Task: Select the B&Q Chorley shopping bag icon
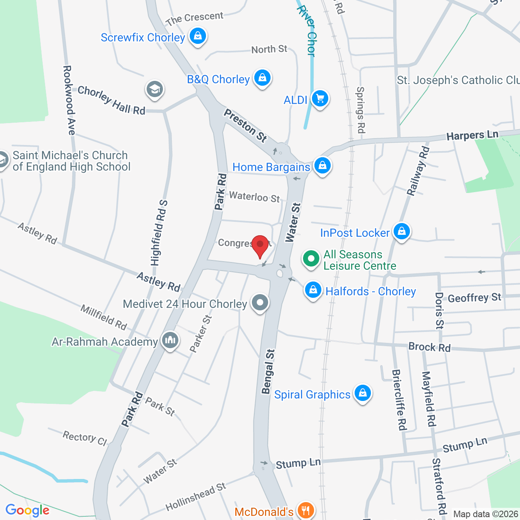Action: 262,78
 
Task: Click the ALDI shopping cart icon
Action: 320,99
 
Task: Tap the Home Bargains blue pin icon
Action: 323,166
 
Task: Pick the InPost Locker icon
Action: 402,232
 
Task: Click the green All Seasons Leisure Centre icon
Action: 311,259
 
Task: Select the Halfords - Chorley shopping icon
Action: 313,290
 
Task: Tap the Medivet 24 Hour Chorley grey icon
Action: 260,303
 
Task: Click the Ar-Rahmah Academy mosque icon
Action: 170,340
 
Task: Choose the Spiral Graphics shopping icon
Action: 363,393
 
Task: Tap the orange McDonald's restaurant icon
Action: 305,510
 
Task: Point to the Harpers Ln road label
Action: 472,135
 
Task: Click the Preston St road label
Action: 245,126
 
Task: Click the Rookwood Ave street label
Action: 69,100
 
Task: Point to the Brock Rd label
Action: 429,347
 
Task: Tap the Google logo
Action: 28,510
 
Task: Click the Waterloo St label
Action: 254,197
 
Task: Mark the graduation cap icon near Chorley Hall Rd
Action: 155,89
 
